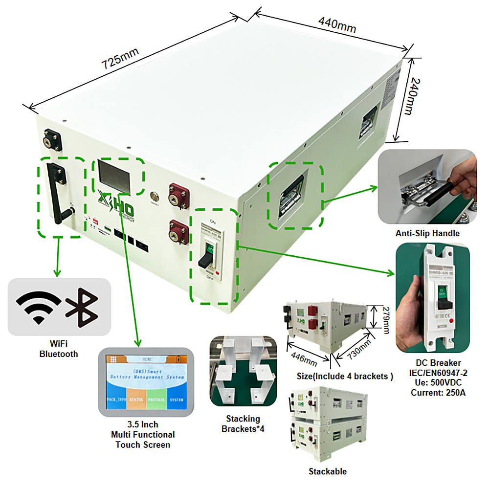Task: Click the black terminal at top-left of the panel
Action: [x=51, y=140]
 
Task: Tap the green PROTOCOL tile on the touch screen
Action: [x=156, y=400]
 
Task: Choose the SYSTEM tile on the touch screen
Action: [x=177, y=400]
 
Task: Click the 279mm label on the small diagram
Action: [x=385, y=320]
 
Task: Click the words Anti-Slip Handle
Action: [x=427, y=233]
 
